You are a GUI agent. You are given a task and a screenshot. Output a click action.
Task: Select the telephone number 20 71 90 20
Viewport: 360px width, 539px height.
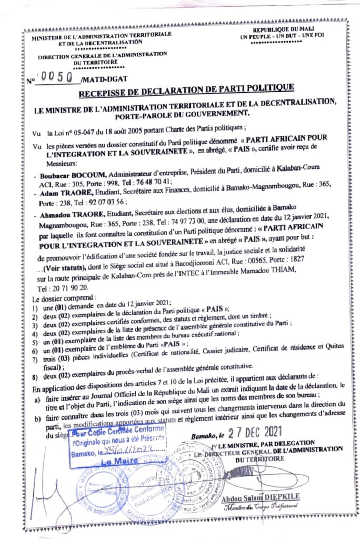[x=71, y=288]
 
